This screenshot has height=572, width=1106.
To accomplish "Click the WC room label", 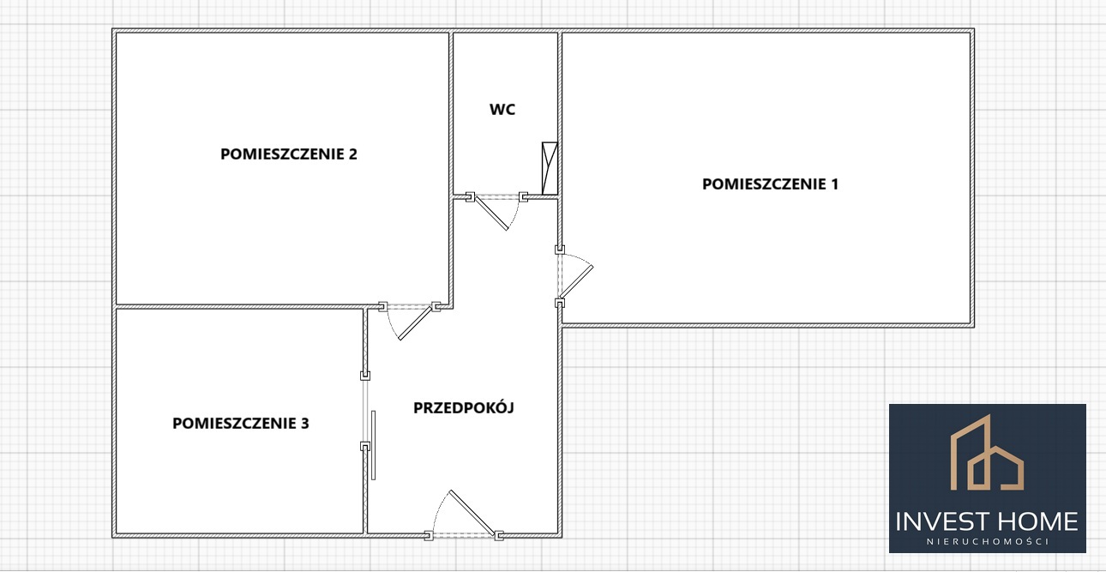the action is (502, 109).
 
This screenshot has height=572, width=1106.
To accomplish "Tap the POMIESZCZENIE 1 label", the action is (770, 184).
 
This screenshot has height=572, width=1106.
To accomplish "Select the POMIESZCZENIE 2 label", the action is (289, 154).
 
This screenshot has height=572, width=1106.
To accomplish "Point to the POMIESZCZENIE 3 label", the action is (240, 424).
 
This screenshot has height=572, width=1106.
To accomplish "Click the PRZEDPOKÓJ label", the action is (464, 407).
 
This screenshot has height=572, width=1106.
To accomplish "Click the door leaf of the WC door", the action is (491, 213).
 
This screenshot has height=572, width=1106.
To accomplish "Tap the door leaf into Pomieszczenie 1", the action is (577, 281).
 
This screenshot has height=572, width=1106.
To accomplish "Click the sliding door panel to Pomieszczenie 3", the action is (373, 445).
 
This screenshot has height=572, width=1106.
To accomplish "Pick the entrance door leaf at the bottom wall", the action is (472, 513).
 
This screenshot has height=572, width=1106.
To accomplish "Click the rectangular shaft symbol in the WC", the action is (550, 168).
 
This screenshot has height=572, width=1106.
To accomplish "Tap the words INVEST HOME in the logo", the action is (987, 521).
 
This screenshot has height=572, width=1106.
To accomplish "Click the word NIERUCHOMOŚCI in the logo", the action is (988, 541).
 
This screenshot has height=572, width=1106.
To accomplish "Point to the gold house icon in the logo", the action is (987, 453).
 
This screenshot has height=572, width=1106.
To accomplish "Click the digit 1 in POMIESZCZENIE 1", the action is (834, 184).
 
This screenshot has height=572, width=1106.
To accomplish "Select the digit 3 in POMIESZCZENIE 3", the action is (304, 424).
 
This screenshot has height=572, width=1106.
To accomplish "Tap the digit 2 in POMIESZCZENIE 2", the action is (352, 154).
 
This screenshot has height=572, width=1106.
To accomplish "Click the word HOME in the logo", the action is (1038, 521).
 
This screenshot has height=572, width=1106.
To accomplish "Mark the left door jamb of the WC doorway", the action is (470, 197).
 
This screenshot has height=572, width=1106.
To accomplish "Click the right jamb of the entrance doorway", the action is (499, 536).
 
